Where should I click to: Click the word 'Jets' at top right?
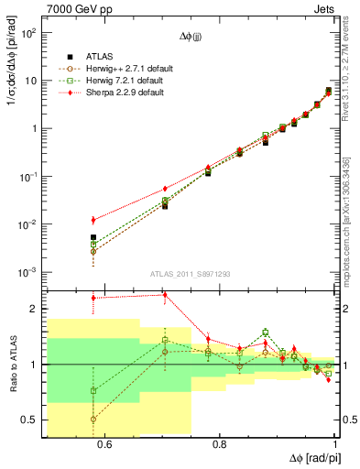[x=324, y=8]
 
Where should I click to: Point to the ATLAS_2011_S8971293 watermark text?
[x=191, y=274]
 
